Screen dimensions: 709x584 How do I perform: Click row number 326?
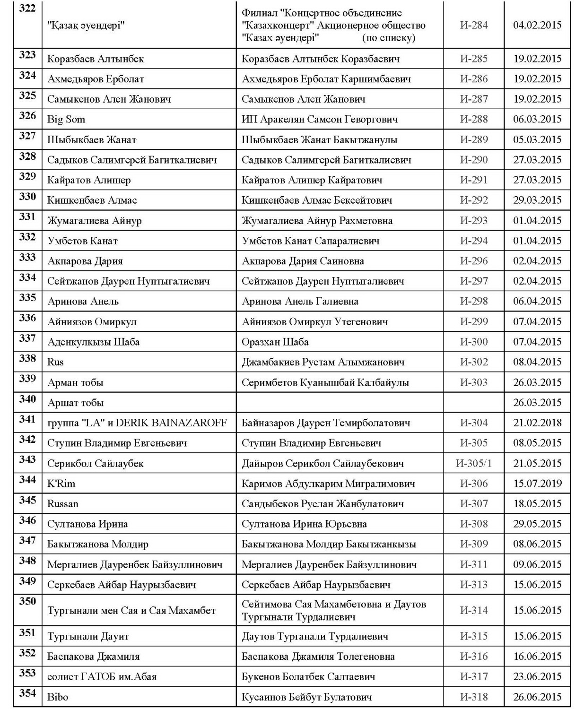pos(27,116)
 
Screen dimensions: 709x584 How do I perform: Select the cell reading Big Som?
pos(66,119)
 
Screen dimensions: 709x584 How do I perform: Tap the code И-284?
pos(473,25)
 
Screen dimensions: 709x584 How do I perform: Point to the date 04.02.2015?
pos(537,25)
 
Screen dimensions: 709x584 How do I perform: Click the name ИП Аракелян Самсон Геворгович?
pos(320,119)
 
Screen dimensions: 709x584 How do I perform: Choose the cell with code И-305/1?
pos(473,463)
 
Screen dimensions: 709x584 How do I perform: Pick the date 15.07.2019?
pos(537,484)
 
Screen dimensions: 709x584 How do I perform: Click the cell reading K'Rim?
pos(61,484)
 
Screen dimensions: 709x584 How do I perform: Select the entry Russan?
pos(63,504)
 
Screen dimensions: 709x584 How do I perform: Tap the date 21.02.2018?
pos(537,423)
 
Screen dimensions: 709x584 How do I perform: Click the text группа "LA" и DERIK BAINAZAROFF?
pos(137,423)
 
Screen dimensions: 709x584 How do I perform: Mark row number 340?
pos(27,399)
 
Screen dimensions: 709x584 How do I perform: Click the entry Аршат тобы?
pos(76,403)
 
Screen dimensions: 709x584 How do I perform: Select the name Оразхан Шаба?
pos(275,342)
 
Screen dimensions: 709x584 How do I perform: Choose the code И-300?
pos(473,342)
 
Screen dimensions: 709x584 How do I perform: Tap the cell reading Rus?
pos(55,362)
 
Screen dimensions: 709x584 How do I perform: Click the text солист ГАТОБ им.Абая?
pos(102,676)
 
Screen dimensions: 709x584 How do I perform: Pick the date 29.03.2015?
pos(537,200)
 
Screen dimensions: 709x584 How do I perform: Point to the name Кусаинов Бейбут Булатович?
pos(306,697)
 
